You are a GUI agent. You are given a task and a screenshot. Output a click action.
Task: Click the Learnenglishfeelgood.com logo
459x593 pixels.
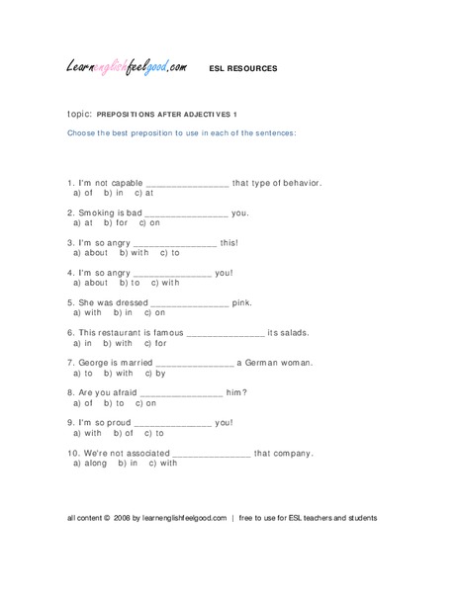tap(127, 68)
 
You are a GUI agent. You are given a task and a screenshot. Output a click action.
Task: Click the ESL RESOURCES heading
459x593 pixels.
tap(243, 69)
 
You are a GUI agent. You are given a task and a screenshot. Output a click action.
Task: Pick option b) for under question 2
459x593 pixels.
tap(116, 223)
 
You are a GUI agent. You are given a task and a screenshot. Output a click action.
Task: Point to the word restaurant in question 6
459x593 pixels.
tap(140, 332)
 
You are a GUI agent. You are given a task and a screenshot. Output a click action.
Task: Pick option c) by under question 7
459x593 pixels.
tap(155, 374)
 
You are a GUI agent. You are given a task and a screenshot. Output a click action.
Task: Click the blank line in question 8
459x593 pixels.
tap(181, 393)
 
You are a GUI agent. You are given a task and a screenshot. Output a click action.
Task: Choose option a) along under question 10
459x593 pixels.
tap(90, 463)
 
